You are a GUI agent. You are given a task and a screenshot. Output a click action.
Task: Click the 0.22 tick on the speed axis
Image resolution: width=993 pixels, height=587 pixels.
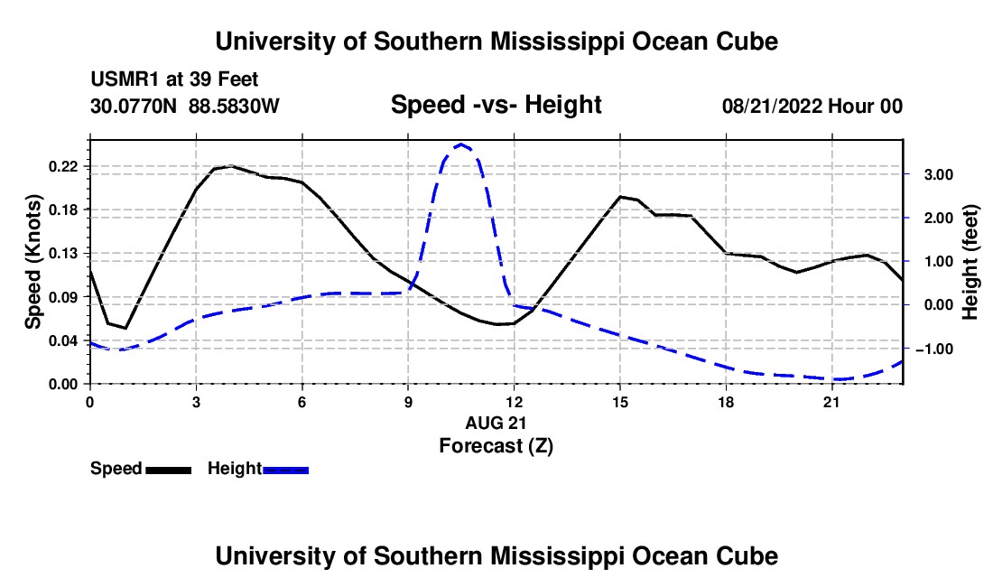tap(62, 166)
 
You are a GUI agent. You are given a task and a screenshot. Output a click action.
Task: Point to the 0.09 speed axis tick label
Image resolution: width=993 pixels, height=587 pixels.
tap(62, 297)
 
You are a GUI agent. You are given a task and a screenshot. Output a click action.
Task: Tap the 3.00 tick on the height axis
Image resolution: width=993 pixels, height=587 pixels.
tap(939, 175)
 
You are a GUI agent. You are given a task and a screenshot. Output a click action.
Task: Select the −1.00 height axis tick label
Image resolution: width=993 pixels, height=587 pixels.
tap(933, 349)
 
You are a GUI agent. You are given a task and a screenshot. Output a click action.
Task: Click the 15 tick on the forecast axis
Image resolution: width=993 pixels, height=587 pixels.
tap(620, 402)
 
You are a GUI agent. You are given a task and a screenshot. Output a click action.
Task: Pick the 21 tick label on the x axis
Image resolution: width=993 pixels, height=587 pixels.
tap(831, 402)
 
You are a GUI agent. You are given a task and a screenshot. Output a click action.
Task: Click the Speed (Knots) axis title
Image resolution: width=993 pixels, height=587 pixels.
tap(32, 262)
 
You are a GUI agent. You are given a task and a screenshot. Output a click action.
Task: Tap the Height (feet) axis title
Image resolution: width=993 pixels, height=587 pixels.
tap(970, 262)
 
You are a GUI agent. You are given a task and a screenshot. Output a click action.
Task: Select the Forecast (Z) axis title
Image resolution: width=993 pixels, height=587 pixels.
tap(496, 446)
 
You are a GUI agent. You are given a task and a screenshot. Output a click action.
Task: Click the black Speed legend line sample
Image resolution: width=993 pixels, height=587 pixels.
tap(169, 470)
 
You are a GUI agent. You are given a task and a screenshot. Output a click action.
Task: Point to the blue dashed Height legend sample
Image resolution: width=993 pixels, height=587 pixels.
tap(285, 470)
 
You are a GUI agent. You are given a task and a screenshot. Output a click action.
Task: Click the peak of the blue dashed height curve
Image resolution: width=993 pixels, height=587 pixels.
tap(461, 144)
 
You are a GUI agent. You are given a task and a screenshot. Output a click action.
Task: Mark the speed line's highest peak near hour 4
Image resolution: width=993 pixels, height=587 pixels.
tap(231, 166)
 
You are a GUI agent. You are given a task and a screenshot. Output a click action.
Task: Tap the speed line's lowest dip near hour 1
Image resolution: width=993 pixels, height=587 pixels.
tap(125, 328)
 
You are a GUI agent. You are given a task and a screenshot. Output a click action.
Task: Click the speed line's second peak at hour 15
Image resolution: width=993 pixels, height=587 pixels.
tap(621, 196)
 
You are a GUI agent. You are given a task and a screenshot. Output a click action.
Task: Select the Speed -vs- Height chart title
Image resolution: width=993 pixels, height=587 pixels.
tap(496, 105)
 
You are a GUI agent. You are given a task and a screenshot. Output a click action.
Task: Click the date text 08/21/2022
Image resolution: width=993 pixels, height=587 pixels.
tap(773, 106)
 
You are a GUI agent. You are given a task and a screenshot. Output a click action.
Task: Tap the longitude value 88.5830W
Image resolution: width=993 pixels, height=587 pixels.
tap(234, 106)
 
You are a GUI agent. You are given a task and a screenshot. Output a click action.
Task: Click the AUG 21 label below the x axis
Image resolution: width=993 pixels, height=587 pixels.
tap(496, 423)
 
